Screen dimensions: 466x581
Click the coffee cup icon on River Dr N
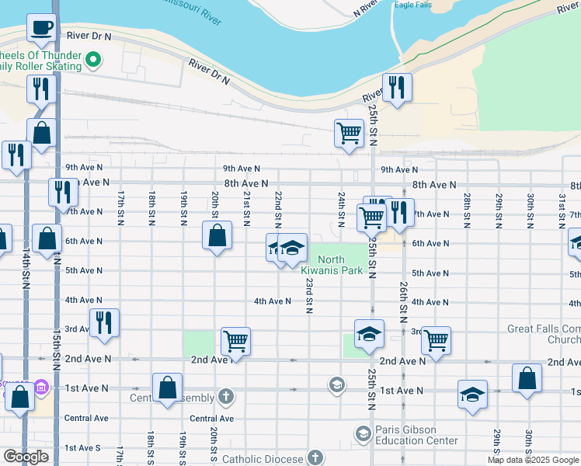pyautogui.click(x=42, y=29)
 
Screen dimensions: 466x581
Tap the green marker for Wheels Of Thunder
pyautogui.click(x=93, y=59)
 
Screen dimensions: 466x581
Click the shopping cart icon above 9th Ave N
pyautogui.click(x=350, y=133)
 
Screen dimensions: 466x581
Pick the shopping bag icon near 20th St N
pyautogui.click(x=217, y=235)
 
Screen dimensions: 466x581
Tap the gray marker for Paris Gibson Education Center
pyautogui.click(x=362, y=433)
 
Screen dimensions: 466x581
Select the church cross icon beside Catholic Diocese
pyautogui.click(x=315, y=457)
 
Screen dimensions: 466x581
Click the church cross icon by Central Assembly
pyautogui.click(x=225, y=398)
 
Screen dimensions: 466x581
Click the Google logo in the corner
pyautogui.click(x=25, y=457)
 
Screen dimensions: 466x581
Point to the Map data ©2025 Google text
pyautogui.click(x=533, y=460)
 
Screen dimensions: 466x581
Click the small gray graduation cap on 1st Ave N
pyautogui.click(x=336, y=384)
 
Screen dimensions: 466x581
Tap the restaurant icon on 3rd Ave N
pyautogui.click(x=104, y=323)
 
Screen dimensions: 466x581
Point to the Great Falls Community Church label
pyautogui.click(x=544, y=334)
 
